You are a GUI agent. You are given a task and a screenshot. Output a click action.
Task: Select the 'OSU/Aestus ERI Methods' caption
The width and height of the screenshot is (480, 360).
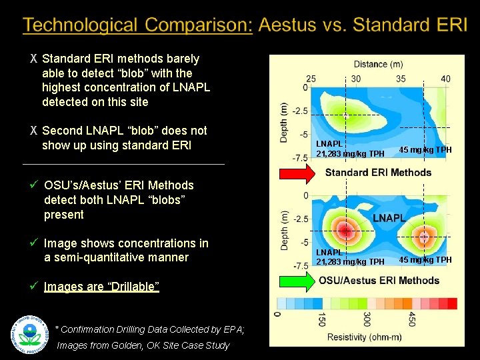click(379, 281)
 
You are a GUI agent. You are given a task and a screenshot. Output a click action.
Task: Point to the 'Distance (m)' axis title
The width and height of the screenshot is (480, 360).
click(379, 64)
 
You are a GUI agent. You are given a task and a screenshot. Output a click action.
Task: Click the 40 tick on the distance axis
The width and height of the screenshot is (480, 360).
click(445, 79)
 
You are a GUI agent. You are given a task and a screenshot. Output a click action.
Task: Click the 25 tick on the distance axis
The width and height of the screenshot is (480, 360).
click(311, 79)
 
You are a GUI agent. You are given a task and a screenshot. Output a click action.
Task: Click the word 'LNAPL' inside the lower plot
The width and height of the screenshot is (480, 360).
click(389, 218)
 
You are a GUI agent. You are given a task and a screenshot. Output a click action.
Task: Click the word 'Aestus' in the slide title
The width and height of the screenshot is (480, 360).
click(290, 25)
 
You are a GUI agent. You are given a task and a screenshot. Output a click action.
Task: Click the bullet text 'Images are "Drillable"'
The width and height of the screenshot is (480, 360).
click(101, 287)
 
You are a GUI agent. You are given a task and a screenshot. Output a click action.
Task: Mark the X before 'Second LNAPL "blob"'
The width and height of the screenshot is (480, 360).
click(33, 131)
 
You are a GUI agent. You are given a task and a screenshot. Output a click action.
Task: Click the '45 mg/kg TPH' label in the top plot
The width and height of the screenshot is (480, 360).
click(425, 149)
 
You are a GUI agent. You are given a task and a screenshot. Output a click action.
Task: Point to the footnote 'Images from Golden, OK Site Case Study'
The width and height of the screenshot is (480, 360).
click(143, 345)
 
